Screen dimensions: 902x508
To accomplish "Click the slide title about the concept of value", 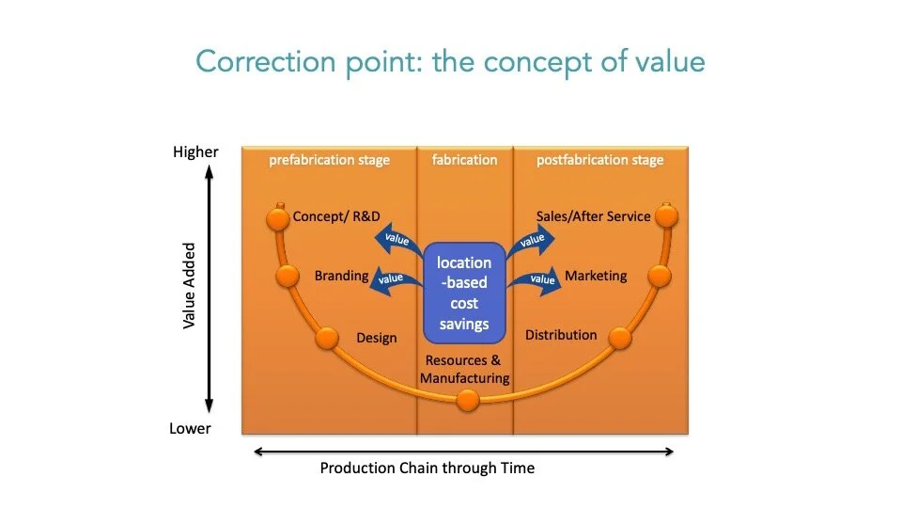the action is coord(450,61).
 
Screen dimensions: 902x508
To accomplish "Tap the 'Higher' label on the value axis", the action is coord(195,151).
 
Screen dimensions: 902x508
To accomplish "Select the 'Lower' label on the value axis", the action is coord(192,428).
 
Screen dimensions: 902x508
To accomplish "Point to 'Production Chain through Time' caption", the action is coord(427,468).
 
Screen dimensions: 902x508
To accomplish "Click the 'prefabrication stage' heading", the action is coord(329,160).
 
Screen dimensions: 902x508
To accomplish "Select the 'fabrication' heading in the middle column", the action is coord(464,160).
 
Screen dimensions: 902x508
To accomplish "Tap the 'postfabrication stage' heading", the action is coord(599,160).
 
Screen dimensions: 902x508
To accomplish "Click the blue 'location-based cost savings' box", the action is coord(464,294).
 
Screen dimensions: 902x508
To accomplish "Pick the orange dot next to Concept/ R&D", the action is coord(277,219).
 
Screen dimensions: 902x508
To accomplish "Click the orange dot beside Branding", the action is coord(288,276).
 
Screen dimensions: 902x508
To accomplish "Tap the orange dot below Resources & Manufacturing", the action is coord(467,402).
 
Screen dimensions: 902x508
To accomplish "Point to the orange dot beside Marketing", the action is coord(659,276).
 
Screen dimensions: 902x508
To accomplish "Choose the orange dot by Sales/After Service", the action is coord(666,217).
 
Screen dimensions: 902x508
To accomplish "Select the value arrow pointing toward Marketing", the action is coord(537,278).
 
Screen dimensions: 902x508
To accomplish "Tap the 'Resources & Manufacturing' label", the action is coord(464,370).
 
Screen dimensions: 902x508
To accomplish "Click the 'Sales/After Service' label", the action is coord(593,216).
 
